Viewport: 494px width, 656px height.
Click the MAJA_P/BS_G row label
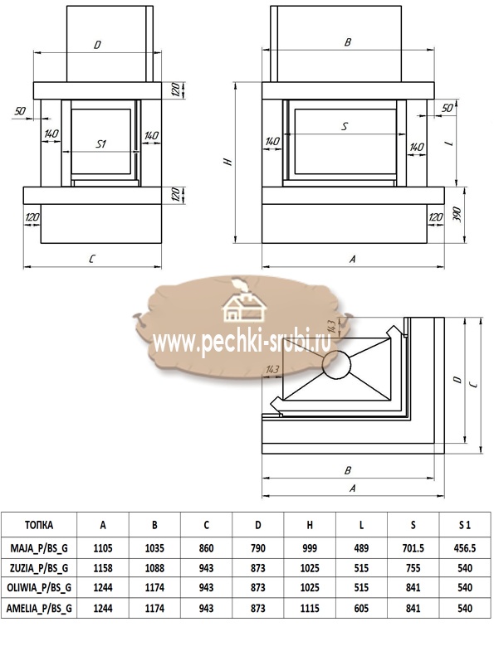click(x=39, y=547)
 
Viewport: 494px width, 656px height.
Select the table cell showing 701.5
click(x=413, y=547)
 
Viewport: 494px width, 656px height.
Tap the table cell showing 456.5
click(x=465, y=547)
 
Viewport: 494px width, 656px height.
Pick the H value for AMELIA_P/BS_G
click(x=310, y=608)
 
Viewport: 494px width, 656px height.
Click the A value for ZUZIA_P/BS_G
click(x=103, y=568)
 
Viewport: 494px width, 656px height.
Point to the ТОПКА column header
click(x=39, y=525)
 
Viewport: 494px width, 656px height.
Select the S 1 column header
click(x=465, y=525)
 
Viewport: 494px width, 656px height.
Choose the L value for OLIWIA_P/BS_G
click(x=361, y=588)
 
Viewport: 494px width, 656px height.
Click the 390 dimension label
click(x=457, y=214)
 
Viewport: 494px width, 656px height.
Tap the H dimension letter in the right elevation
click(x=228, y=162)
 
